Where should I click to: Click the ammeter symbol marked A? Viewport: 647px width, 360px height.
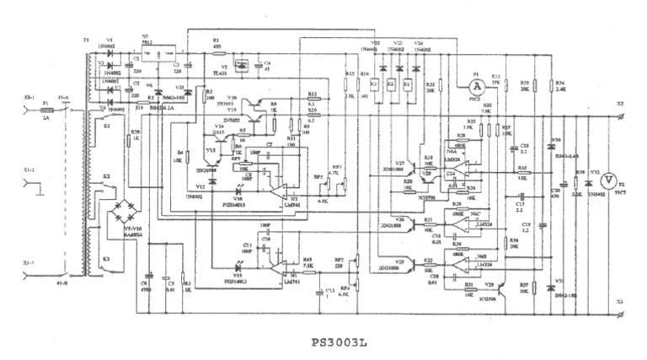pos(476,85)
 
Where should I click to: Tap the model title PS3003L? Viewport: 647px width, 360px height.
pos(341,342)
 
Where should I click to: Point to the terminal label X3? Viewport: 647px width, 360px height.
pos(619,301)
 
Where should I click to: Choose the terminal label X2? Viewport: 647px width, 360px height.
pos(619,103)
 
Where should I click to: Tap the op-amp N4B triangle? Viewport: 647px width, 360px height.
pos(458,263)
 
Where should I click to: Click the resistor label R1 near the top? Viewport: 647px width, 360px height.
pos(217,40)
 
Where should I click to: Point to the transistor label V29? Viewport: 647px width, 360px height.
pos(489,285)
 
